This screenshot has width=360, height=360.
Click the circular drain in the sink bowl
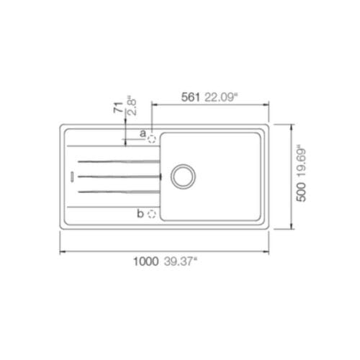coord(182,174)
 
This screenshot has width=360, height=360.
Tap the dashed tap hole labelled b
coord(152,213)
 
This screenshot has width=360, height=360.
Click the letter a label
coord(143,134)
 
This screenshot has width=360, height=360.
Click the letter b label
coord(142,214)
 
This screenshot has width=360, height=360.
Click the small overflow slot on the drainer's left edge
coord(71,175)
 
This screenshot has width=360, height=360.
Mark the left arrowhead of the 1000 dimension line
coord(60,251)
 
